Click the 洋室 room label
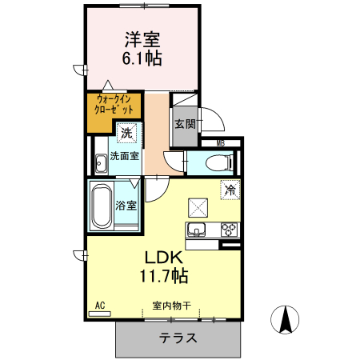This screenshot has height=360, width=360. click(142, 38)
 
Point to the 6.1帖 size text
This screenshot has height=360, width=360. click(142, 58)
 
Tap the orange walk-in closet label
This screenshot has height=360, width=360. click(114, 106)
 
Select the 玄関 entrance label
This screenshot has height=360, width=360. click(184, 124)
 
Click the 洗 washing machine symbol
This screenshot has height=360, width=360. click(126, 133)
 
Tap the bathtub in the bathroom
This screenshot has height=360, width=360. click(102, 206)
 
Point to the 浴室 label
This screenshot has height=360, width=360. click(126, 206)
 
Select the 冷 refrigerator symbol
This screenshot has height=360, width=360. click(230, 190)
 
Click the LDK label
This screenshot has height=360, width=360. click(164, 258)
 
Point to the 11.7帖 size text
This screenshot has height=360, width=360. click(164, 277)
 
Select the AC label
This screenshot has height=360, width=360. click(101, 306)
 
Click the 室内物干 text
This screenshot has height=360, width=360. click(171, 306)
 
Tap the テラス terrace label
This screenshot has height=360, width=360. click(177, 338)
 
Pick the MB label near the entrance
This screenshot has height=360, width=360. click(222, 143)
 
